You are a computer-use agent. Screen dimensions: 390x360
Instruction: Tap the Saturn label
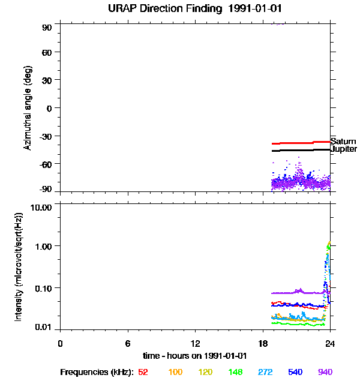tap(343, 142)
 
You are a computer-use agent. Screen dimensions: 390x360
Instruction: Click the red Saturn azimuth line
tap(300, 143)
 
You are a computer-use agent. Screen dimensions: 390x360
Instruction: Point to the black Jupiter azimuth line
tap(300, 150)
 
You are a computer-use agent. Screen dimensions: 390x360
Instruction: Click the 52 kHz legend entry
tap(143, 372)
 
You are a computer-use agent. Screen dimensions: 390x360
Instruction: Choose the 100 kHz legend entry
tap(175, 372)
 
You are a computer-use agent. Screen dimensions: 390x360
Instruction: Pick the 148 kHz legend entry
tap(235, 372)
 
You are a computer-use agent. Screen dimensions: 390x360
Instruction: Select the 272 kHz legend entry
tap(265, 372)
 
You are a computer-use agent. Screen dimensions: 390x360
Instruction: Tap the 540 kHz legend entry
tap(295, 372)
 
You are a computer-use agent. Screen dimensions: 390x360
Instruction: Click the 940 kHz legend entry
tap(325, 372)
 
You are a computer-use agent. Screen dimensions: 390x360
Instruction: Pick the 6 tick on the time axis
tap(128, 343)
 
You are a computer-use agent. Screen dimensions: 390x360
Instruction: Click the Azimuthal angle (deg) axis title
tap(28, 108)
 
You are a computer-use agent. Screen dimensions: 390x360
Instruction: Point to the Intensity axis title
tap(19, 266)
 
